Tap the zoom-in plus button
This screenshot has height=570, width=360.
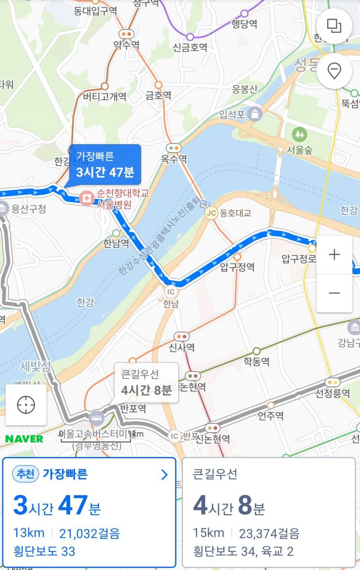(334, 255)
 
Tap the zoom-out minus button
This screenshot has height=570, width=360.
(334, 293)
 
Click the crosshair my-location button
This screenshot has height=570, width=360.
(26, 405)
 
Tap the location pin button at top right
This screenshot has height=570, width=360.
(334, 71)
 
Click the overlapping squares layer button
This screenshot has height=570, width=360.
(334, 26)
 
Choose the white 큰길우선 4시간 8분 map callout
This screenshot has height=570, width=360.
(146, 382)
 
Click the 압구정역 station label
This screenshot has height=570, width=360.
(237, 267)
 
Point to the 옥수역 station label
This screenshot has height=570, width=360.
(174, 159)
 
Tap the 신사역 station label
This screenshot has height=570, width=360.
(182, 348)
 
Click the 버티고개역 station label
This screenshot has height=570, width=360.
(105, 96)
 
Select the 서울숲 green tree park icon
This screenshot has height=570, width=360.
(298, 134)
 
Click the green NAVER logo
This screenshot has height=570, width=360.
(24, 439)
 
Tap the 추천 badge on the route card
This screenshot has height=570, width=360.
(26, 474)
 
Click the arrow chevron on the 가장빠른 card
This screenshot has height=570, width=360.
(164, 475)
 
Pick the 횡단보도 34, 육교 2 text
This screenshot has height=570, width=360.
(243, 551)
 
